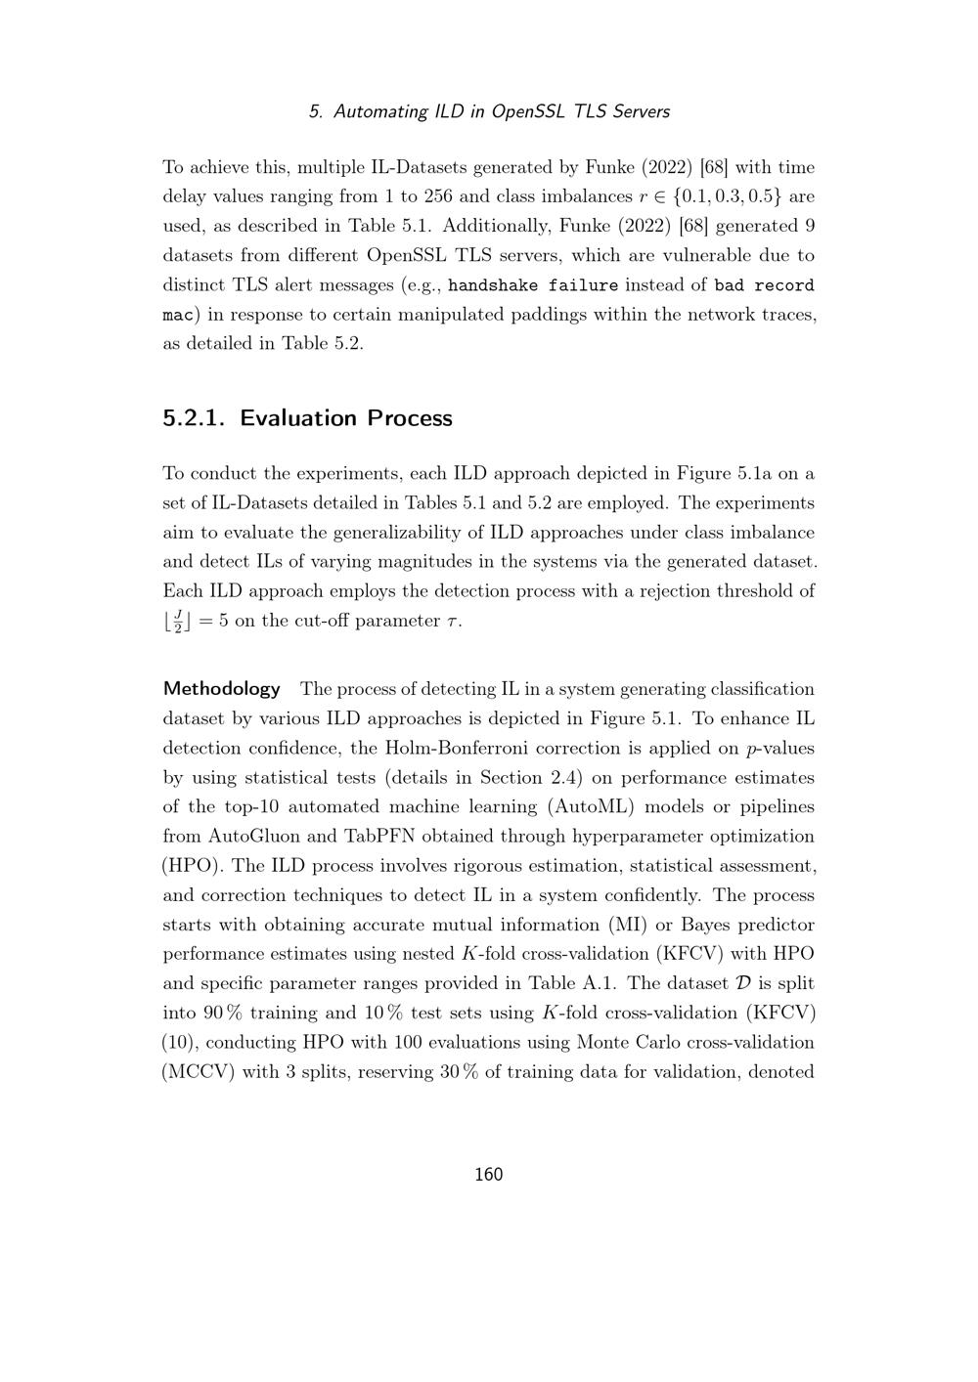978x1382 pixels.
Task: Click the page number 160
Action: (x=488, y=1175)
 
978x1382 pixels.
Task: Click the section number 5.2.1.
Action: (x=194, y=418)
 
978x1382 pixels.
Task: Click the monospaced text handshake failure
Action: (x=533, y=285)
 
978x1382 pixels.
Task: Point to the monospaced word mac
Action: (x=177, y=315)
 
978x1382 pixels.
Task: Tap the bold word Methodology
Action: (x=221, y=689)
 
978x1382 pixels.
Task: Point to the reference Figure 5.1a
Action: (x=724, y=474)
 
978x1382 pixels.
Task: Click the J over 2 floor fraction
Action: (x=177, y=622)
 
